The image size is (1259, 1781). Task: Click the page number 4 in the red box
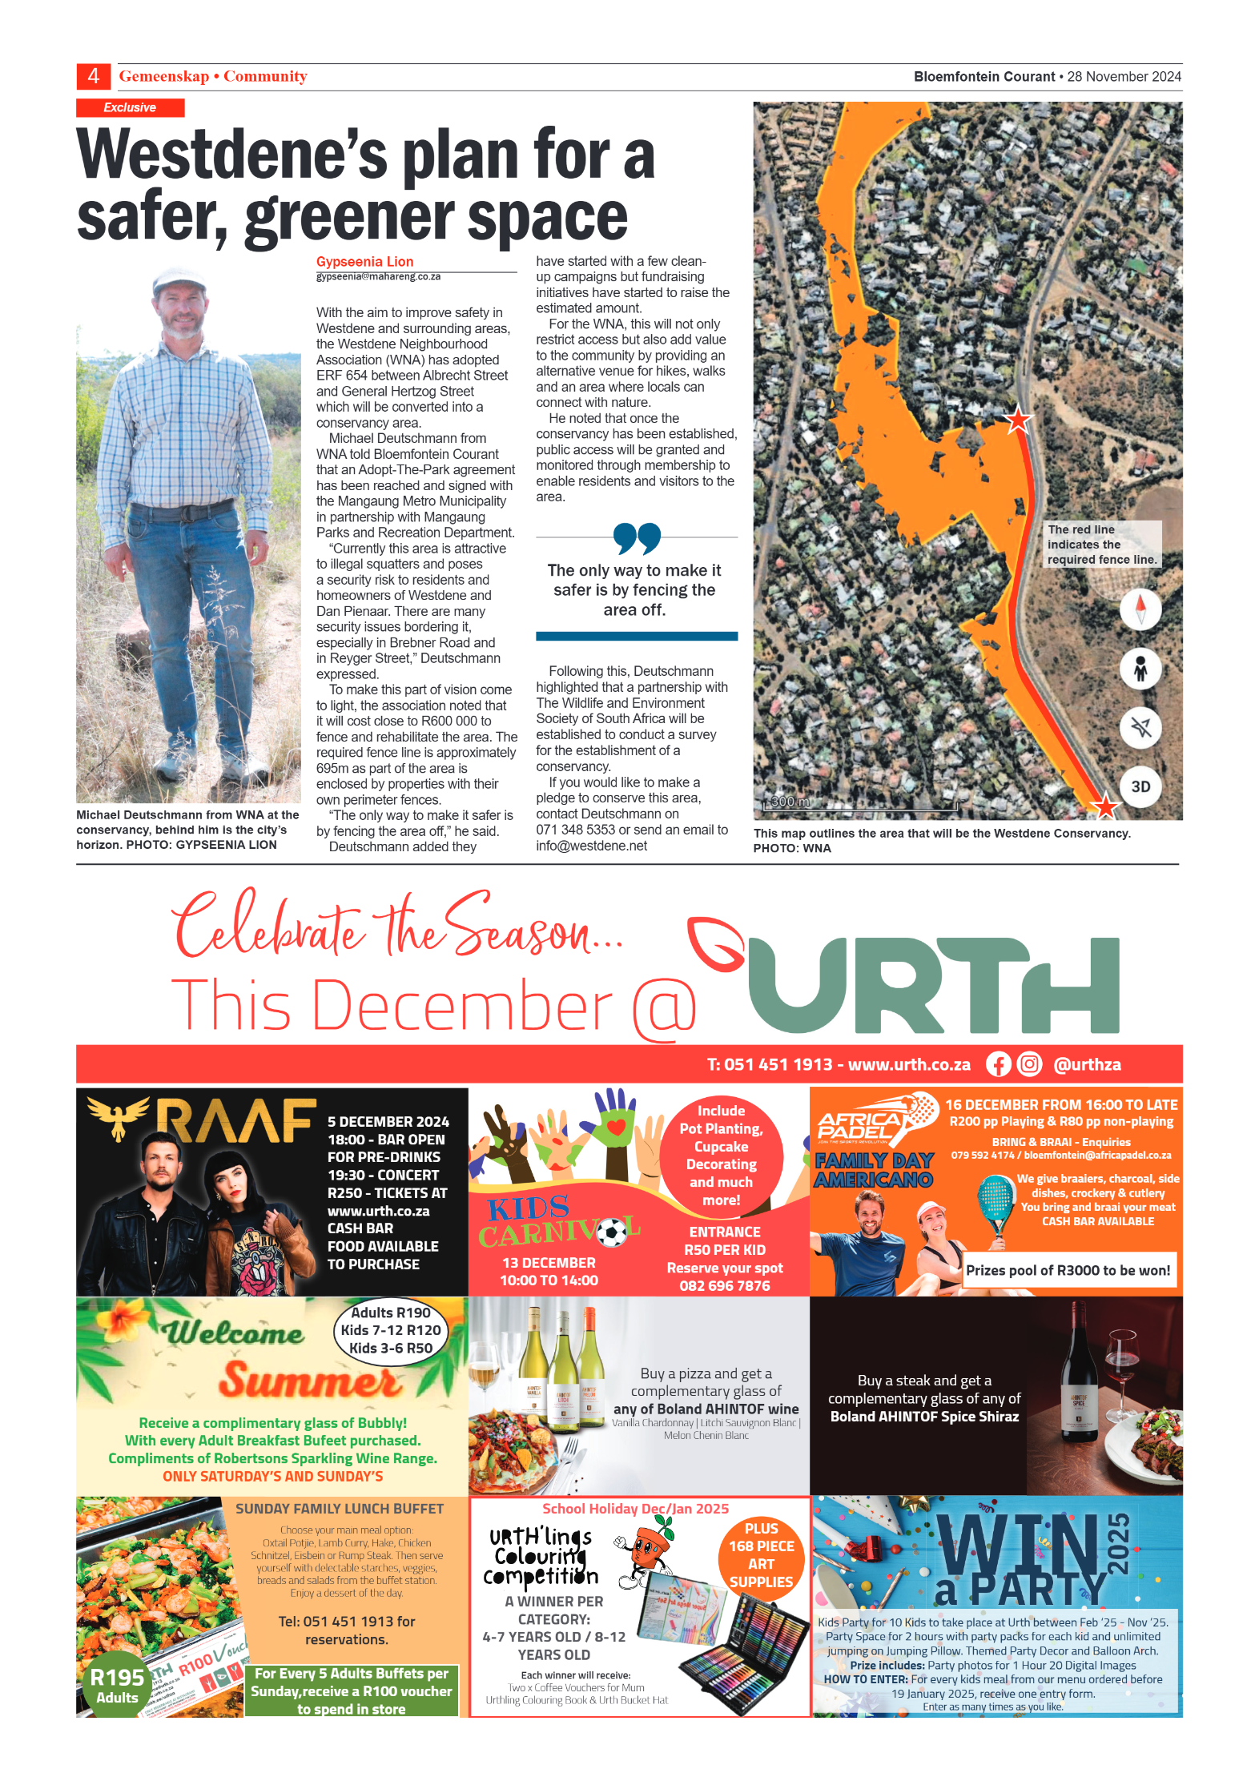point(94,76)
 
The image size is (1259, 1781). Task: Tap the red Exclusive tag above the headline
point(130,107)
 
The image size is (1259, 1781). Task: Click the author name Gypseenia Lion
point(364,261)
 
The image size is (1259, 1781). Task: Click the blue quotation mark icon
point(637,538)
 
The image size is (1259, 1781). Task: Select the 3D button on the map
point(1140,786)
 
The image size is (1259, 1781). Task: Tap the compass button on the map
point(1140,609)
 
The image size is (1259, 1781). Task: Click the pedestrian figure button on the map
point(1140,668)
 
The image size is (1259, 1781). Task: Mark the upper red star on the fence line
point(1018,419)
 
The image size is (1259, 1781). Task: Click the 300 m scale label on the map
point(790,801)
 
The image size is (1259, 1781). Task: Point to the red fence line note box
point(1102,545)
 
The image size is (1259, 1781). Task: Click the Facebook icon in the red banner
point(998,1064)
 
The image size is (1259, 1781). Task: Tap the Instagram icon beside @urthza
point(1029,1064)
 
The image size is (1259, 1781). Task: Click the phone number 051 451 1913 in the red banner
point(778,1064)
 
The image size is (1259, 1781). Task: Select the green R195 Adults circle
point(117,1685)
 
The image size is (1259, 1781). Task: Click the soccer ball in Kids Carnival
point(613,1232)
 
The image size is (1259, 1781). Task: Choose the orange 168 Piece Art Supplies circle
point(761,1555)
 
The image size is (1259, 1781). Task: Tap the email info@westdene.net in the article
point(591,846)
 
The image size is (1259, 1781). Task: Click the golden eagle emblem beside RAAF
point(119,1116)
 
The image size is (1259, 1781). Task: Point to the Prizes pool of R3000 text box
point(1068,1270)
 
